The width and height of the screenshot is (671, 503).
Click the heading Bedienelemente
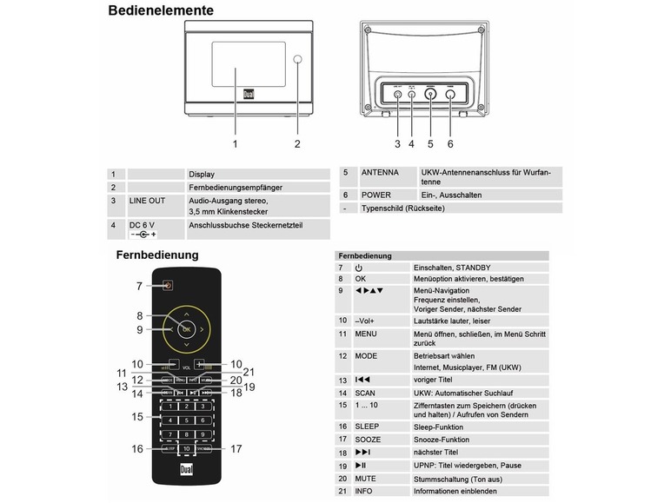[x=160, y=11]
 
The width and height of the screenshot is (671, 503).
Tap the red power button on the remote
[x=169, y=284]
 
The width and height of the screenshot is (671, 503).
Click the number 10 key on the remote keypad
[x=187, y=449]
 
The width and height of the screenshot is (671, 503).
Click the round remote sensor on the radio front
[x=297, y=61]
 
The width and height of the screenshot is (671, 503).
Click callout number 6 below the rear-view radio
[x=450, y=143]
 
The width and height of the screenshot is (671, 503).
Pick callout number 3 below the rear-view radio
[x=397, y=143]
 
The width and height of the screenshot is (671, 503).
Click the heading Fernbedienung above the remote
[x=157, y=255]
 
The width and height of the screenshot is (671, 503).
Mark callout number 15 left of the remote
[x=137, y=417]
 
